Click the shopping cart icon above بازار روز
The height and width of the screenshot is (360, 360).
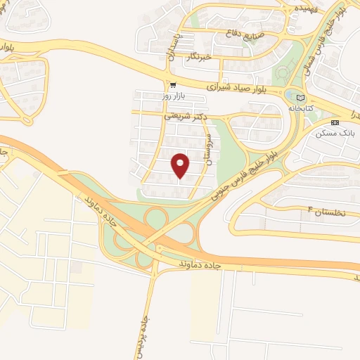153,84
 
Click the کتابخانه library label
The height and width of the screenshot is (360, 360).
302,108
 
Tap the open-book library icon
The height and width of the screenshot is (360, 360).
302,98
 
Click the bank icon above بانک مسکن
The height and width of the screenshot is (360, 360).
344,121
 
